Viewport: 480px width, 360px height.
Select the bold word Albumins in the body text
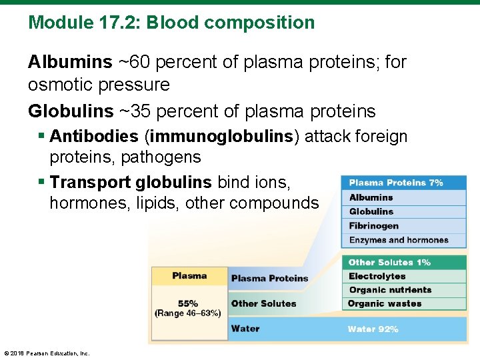pyautogui.click(x=70, y=63)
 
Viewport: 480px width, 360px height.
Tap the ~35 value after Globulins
pyautogui.click(x=137, y=111)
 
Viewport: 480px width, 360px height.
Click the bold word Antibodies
pyautogui.click(x=94, y=137)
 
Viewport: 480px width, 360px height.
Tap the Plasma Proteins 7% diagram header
pyautogui.click(x=396, y=183)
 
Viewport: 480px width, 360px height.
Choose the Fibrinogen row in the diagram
pyautogui.click(x=374, y=226)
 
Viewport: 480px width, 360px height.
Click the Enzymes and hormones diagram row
pyautogui.click(x=399, y=240)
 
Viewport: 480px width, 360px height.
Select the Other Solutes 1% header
pyautogui.click(x=389, y=263)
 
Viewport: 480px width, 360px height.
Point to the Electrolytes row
pyautogui.click(x=377, y=276)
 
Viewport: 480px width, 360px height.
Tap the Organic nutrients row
pyautogui.click(x=390, y=290)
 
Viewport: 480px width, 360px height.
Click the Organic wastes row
pyautogui.click(x=385, y=304)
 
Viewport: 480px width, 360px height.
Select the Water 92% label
pyautogui.click(x=373, y=329)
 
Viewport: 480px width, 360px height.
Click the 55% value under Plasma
pyautogui.click(x=187, y=303)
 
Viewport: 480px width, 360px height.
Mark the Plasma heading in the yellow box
pyautogui.click(x=189, y=276)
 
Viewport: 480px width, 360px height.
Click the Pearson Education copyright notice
pyautogui.click(x=47, y=353)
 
